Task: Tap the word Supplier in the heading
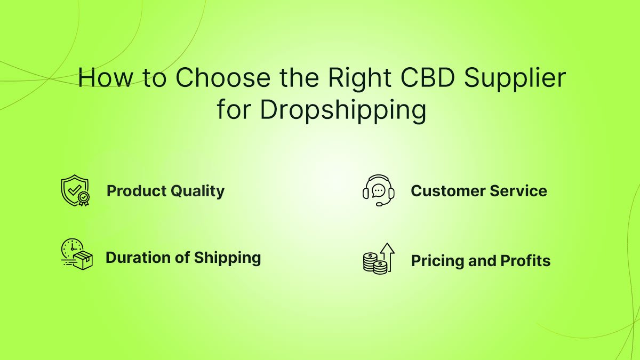515,79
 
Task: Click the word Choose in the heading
223,77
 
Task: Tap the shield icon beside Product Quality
75,190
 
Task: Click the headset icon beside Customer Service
379,190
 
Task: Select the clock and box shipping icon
77,254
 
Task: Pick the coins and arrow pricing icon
379,258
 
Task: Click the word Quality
198,191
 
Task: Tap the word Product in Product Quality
137,191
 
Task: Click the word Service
518,191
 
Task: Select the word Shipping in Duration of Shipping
227,259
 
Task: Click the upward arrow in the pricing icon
388,257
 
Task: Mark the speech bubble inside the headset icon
379,190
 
